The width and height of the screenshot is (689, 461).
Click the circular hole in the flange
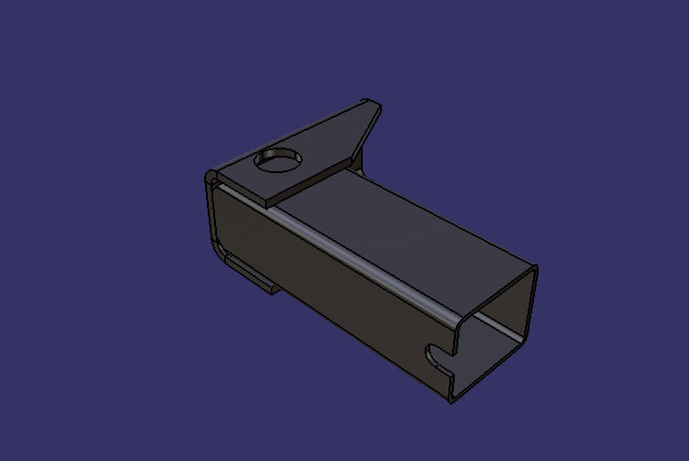pyautogui.click(x=279, y=160)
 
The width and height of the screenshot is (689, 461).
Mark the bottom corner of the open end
pyautogui.click(x=452, y=398)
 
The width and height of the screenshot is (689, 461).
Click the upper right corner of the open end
pyautogui.click(x=534, y=271)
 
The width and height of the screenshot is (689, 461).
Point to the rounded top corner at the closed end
pyautogui.click(x=211, y=175)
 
